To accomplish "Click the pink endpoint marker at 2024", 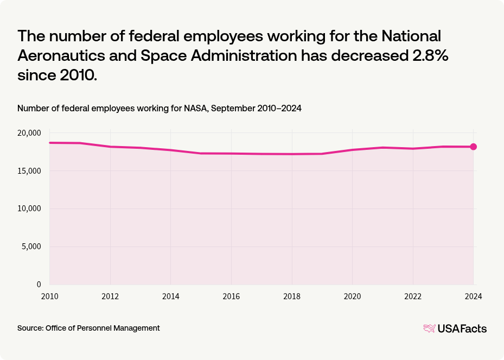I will tap(473, 147).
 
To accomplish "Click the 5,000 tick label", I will tap(31, 247).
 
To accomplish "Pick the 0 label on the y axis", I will tap(39, 285).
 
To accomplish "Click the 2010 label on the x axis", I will tap(49, 296).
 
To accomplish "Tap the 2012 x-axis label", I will tap(110, 296).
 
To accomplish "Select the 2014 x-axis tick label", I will tap(170, 296).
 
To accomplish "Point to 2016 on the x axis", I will tap(231, 296).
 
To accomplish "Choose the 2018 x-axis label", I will tap(292, 296).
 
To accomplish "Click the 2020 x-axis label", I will tap(353, 296).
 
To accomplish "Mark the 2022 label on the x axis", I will tap(413, 296).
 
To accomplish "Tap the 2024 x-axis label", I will tap(473, 296).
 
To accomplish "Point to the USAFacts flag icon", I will tap(429, 329).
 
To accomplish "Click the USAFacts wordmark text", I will tap(462, 329).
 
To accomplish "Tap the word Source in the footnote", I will tap(30, 328).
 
